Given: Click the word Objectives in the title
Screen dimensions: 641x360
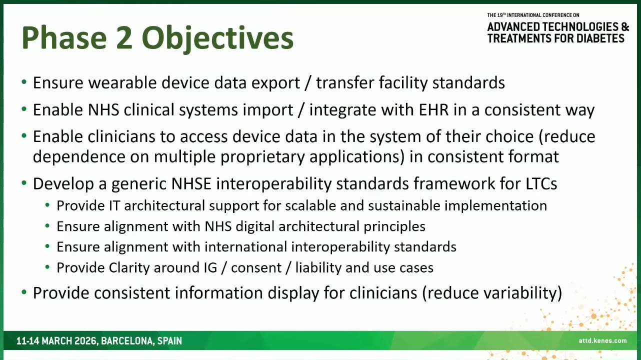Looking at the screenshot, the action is click(218, 38).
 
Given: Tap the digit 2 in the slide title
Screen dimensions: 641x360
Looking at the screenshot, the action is click(124, 38).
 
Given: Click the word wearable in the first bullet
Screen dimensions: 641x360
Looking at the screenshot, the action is click(123, 82).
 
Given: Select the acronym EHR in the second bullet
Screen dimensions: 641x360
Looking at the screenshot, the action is click(433, 109).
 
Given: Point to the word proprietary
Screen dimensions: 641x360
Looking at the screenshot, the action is click(262, 157).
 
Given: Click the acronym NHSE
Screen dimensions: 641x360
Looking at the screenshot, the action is click(191, 183).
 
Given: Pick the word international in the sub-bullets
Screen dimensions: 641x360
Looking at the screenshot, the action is click(246, 246).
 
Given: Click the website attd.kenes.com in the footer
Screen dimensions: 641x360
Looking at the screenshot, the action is click(602, 340).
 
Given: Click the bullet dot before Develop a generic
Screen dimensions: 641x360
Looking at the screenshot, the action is click(24, 182).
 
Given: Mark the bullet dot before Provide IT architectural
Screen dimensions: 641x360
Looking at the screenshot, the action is click(47, 205).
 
